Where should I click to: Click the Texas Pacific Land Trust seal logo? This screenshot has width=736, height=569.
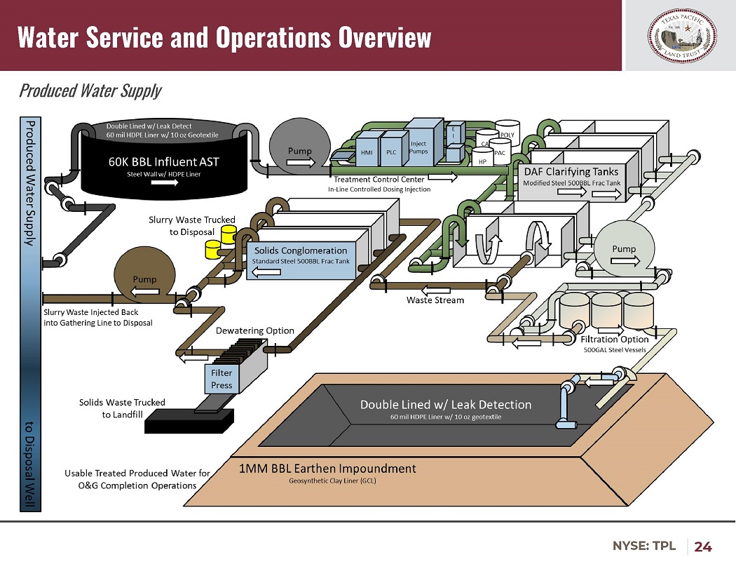(679, 36)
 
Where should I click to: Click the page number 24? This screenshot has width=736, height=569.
(703, 546)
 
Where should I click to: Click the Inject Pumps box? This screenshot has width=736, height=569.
(418, 147)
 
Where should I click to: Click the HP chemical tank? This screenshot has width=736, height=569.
(482, 161)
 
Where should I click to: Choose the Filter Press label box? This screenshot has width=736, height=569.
(222, 380)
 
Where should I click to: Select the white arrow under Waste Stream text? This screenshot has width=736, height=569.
(436, 289)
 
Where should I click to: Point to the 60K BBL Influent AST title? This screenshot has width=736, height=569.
(163, 161)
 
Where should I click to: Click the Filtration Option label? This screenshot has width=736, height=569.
(615, 339)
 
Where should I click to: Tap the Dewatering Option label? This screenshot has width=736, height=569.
(254, 330)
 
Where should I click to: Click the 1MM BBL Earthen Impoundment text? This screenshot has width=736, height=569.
(327, 469)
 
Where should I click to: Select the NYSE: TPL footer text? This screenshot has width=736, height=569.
(644, 546)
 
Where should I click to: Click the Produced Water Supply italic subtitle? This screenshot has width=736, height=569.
(90, 91)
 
